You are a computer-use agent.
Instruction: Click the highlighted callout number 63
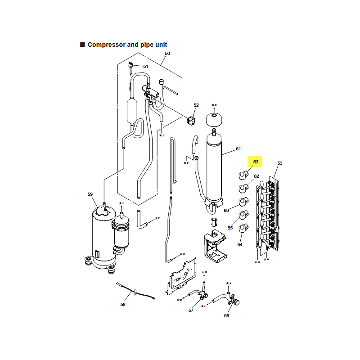click(256, 162)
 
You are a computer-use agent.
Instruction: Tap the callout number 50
click(167, 53)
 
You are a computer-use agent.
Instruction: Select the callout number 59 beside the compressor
click(90, 194)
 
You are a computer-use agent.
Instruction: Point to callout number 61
click(238, 149)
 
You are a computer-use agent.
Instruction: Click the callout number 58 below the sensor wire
click(123, 305)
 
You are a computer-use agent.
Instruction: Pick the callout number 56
click(227, 316)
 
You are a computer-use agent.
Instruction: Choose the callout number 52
click(196, 105)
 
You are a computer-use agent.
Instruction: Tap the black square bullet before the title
click(82, 45)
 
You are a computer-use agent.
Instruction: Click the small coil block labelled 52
click(191, 121)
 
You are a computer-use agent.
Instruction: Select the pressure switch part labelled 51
click(131, 67)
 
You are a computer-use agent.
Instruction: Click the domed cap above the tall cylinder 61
click(214, 119)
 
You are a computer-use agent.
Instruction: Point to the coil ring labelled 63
click(243, 175)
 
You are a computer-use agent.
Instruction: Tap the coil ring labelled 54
click(243, 229)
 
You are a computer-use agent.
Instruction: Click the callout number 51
click(145, 66)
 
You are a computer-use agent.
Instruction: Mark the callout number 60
click(226, 210)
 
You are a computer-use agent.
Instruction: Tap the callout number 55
click(230, 228)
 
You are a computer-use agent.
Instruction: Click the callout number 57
click(191, 310)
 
